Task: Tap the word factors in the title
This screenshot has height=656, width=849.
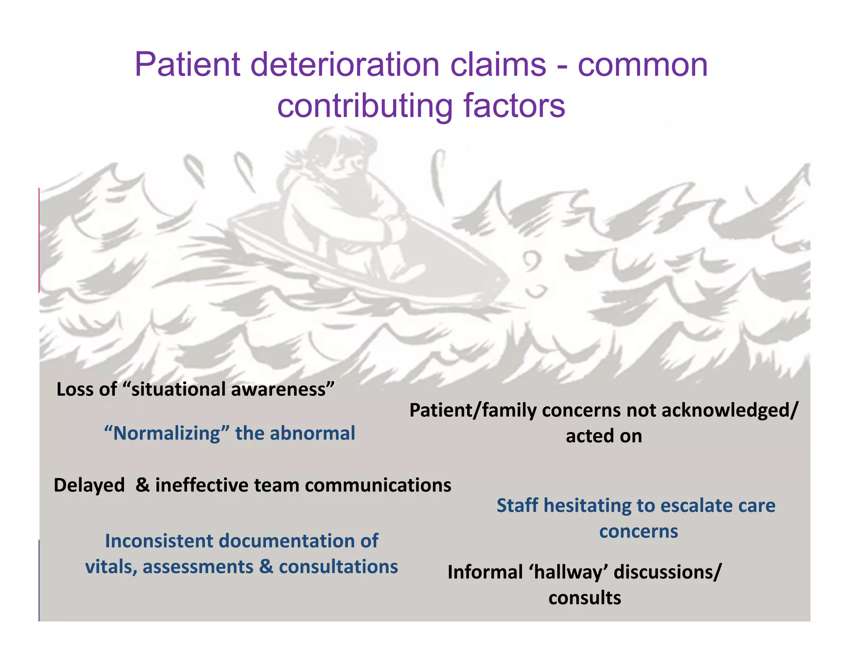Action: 514,106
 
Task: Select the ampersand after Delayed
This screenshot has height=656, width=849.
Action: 143,485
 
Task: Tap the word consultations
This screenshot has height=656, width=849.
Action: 338,567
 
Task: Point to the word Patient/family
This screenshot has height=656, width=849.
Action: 473,411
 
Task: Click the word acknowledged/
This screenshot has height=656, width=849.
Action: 730,411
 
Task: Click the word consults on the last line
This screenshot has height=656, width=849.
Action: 585,598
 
